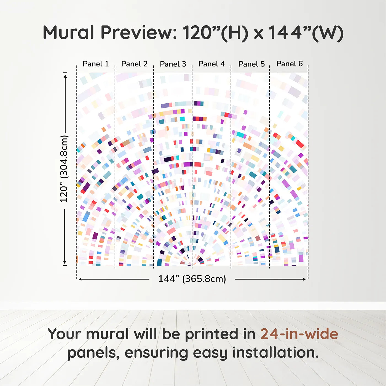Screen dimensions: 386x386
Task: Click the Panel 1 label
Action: pos(96,64)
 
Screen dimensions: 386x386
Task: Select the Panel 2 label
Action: pos(134,64)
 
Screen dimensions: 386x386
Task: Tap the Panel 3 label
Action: pos(173,64)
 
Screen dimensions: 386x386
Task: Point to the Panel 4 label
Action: pos(211,64)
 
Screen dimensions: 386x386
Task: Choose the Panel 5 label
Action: pos(251,64)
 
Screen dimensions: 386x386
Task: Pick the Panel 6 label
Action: pos(289,64)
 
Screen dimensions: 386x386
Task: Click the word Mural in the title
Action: pos(68,33)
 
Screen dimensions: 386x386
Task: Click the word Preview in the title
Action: pos(139,33)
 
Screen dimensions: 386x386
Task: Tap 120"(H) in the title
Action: pos(215,33)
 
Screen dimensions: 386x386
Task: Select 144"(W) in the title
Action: pos(306,33)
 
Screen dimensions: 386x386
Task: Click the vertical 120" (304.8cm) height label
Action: pos(64,169)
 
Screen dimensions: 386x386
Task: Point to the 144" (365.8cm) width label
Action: pos(192,279)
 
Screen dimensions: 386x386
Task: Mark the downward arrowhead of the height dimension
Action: pos(65,262)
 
